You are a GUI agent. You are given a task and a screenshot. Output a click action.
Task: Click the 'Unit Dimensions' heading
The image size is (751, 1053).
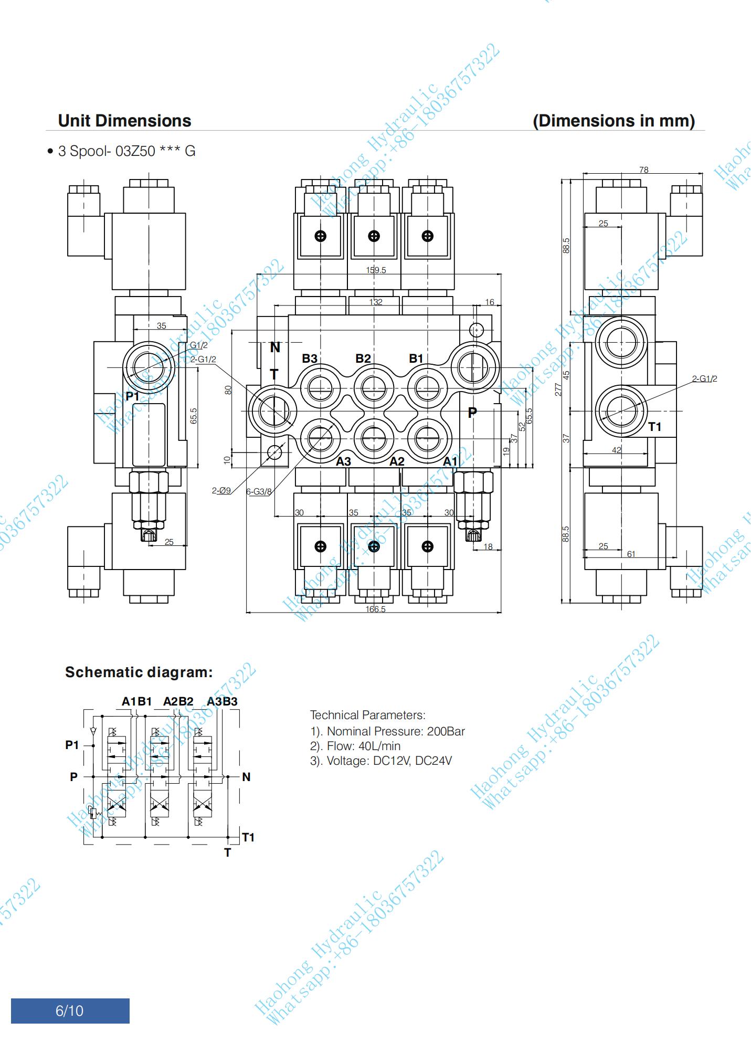[x=124, y=121]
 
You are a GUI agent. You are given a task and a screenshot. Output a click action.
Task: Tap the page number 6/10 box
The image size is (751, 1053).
[x=70, y=1010]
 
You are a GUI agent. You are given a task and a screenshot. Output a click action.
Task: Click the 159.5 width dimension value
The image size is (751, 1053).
[x=376, y=270]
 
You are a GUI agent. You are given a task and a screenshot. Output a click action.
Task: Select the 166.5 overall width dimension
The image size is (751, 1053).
[x=376, y=609]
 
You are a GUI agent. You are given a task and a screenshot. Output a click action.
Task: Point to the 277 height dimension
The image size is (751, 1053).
[x=558, y=389]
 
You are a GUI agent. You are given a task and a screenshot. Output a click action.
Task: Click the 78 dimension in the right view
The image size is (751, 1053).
[x=644, y=170]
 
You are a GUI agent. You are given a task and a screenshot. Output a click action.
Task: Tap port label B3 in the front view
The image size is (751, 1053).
[x=309, y=359]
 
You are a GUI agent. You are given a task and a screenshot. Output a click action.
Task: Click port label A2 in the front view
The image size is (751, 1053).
[x=397, y=461]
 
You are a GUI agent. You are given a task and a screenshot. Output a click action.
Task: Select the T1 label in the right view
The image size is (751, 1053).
[x=655, y=427]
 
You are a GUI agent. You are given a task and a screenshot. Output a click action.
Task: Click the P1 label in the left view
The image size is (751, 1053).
[x=132, y=396]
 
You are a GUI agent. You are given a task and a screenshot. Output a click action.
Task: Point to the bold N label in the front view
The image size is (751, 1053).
[x=275, y=348]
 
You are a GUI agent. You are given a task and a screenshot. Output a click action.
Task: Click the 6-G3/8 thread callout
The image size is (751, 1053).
[x=259, y=491]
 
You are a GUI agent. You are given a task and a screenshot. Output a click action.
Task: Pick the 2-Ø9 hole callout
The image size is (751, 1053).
[x=221, y=490]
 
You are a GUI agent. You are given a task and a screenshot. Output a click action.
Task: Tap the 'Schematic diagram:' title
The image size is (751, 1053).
[x=139, y=672]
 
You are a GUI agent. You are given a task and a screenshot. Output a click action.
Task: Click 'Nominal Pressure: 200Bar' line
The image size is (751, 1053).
[x=387, y=731]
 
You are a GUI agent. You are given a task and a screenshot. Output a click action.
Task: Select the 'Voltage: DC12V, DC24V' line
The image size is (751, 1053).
[x=380, y=761]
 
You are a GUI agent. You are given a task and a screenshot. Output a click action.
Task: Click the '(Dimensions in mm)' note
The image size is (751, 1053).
[x=614, y=121]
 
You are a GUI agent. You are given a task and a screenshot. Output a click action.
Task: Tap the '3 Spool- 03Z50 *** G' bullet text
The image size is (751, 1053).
[x=126, y=151]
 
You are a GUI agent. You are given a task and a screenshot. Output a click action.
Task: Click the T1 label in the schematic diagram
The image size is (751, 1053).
[x=248, y=837]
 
